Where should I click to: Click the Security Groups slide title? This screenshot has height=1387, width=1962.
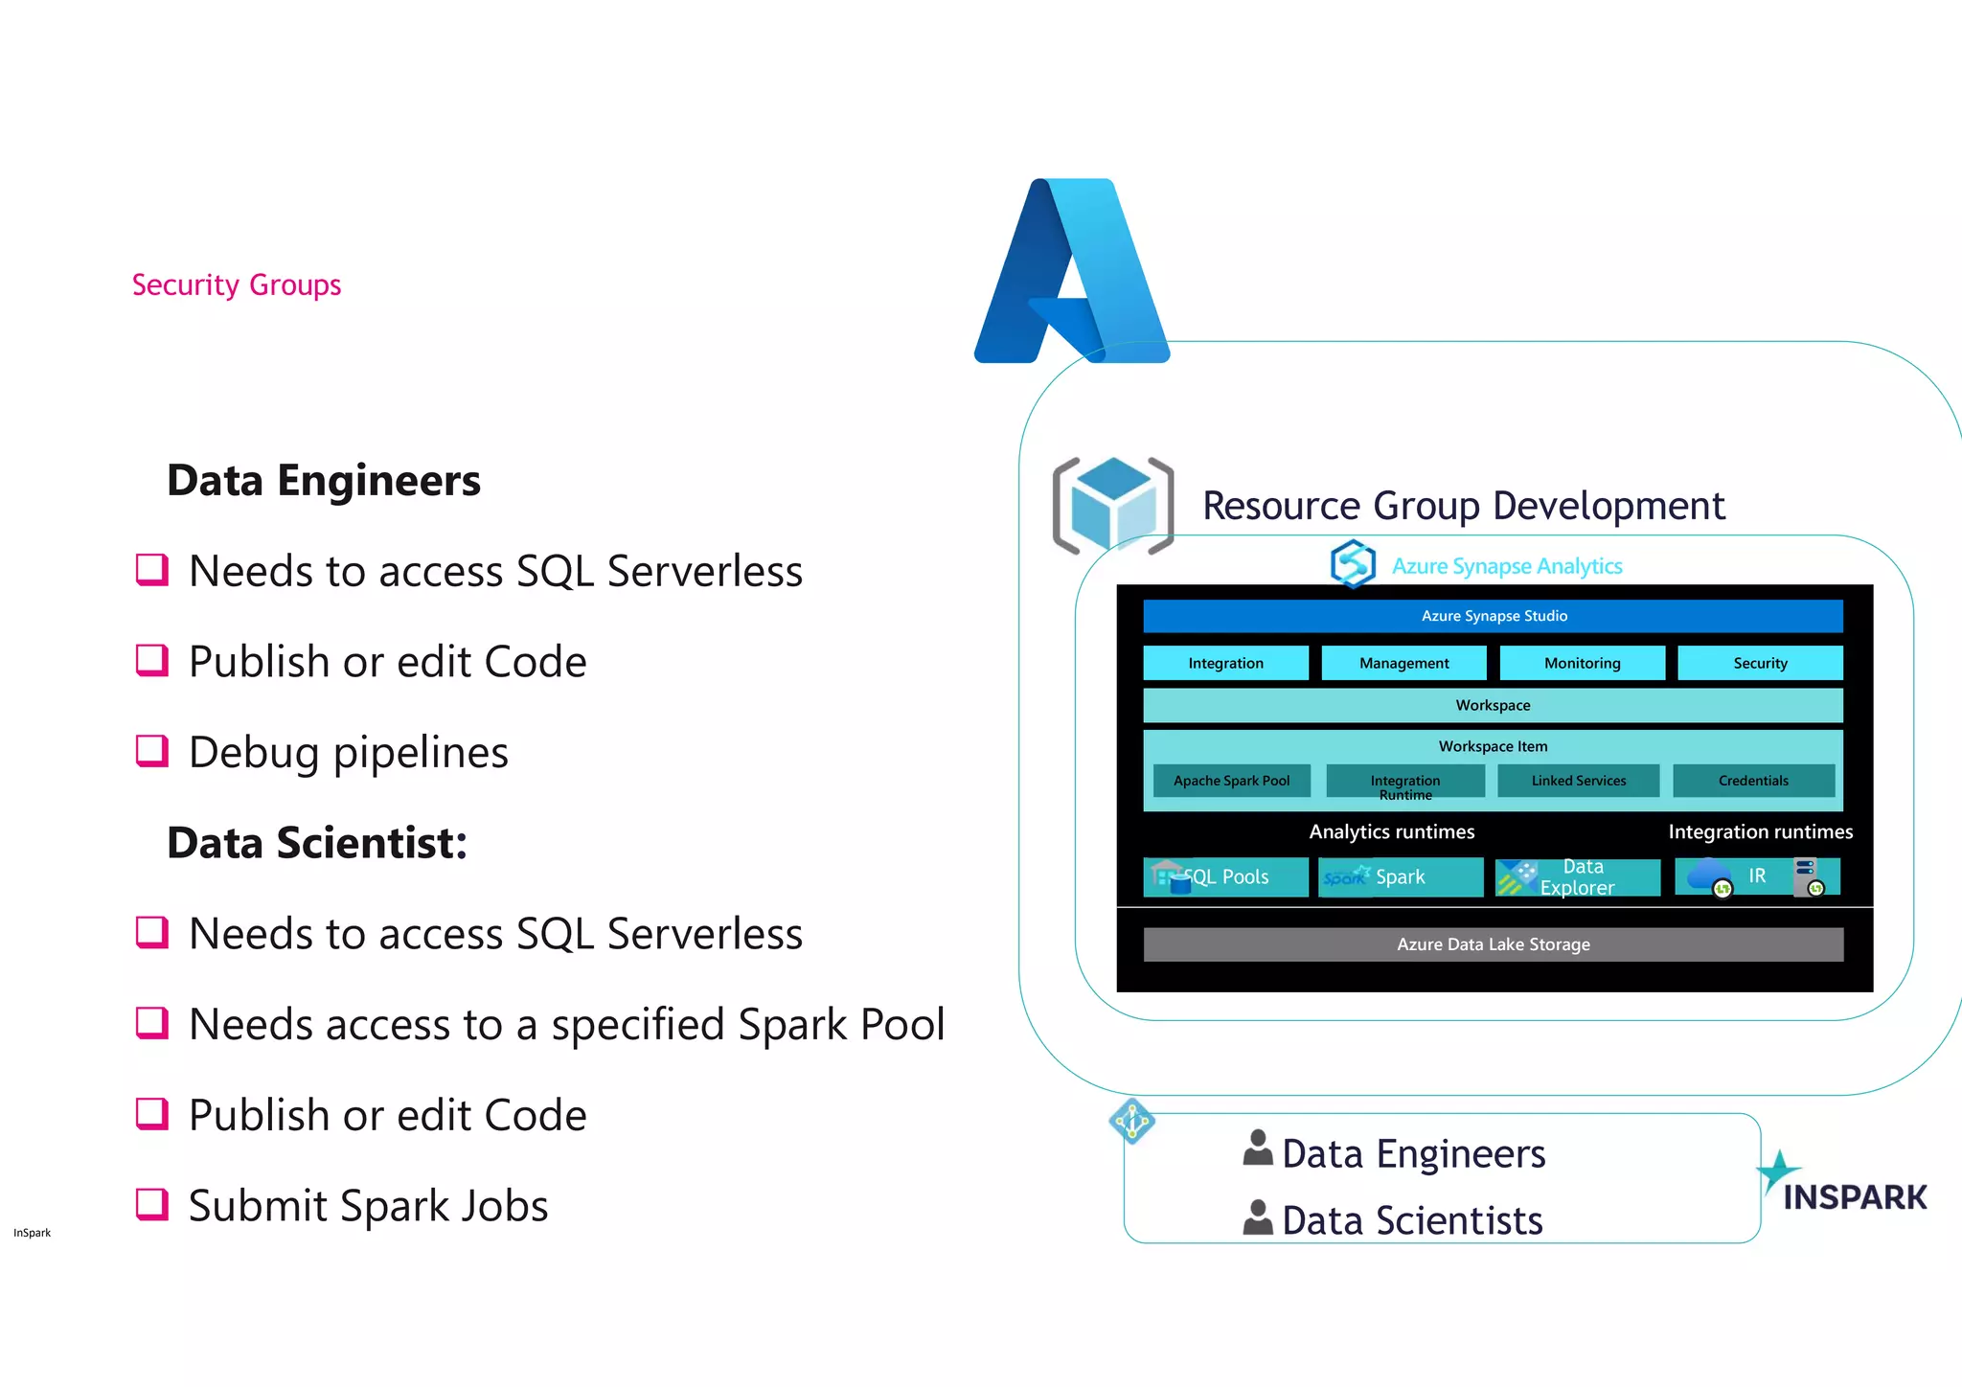(x=236, y=285)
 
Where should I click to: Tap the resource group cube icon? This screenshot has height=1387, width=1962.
(x=1112, y=506)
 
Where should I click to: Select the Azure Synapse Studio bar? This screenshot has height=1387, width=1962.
(x=1493, y=616)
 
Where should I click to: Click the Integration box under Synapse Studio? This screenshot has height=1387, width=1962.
(x=1225, y=663)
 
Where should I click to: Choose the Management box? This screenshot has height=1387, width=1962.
(x=1403, y=663)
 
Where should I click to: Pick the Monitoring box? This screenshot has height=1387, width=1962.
(x=1582, y=663)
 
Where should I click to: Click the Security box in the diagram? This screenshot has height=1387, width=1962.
(x=1760, y=663)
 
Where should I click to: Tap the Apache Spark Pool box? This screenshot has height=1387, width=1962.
(x=1231, y=781)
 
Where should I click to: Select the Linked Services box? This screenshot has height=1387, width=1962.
(x=1578, y=781)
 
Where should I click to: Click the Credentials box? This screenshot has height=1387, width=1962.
(x=1753, y=781)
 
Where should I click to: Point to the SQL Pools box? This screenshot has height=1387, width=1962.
(x=1225, y=876)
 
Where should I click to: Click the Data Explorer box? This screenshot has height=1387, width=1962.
(x=1577, y=876)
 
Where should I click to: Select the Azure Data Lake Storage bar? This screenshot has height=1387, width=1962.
(x=1493, y=944)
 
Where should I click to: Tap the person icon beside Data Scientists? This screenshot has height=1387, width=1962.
(x=1257, y=1217)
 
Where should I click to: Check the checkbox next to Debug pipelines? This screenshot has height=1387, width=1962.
(x=152, y=751)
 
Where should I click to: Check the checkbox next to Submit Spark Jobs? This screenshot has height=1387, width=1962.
(x=152, y=1204)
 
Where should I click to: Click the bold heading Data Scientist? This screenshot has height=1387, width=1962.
(x=317, y=843)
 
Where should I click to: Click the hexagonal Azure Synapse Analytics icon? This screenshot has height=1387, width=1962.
(x=1353, y=563)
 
